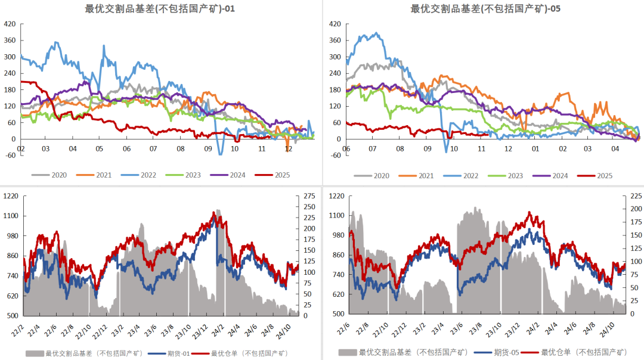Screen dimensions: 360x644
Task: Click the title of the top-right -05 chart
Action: coord(485,8)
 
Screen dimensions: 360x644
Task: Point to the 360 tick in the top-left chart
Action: coord(10,41)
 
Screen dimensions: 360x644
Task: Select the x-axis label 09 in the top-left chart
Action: coord(208,149)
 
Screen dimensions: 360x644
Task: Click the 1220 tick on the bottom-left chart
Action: coord(11,195)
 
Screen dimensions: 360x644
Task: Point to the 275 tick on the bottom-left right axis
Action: coord(309,195)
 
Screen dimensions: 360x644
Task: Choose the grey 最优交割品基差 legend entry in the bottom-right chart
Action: coord(411,353)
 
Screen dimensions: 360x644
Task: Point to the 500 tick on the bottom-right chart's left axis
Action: coord(336,314)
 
